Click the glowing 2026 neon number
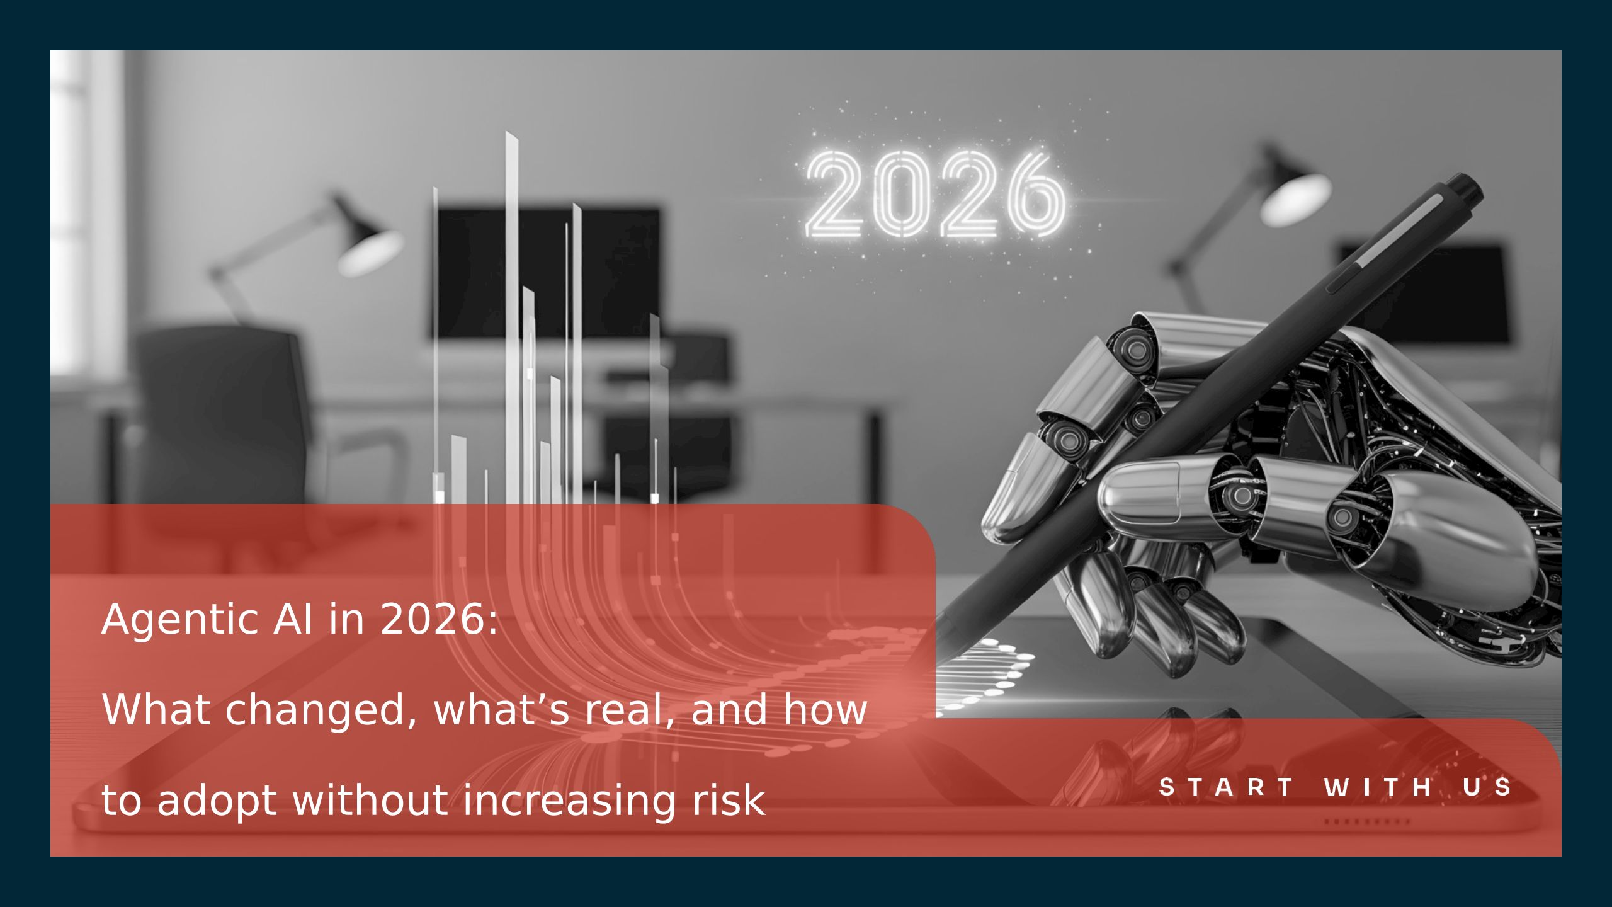936,195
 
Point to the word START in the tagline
1227,787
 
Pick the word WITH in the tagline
1378,787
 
